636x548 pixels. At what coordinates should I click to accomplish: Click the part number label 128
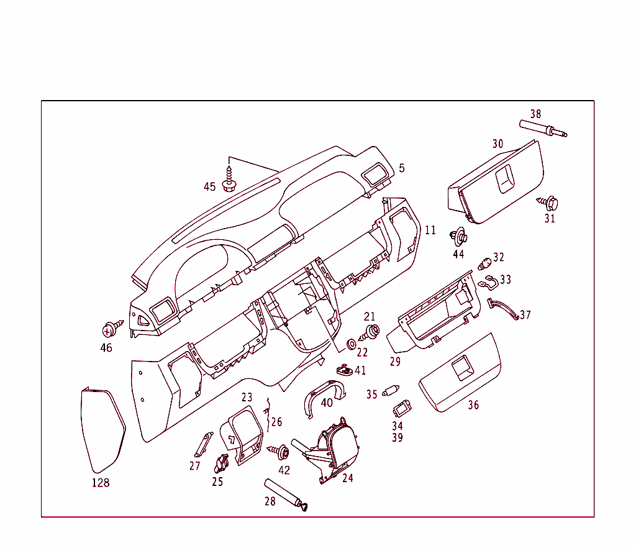click(x=100, y=483)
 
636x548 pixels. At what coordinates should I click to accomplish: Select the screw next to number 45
click(x=229, y=178)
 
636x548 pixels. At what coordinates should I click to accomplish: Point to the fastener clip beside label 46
click(x=111, y=327)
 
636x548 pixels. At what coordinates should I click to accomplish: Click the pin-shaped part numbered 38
click(x=542, y=129)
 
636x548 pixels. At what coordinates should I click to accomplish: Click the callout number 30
click(x=497, y=144)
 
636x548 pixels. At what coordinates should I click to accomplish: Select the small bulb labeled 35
click(x=391, y=392)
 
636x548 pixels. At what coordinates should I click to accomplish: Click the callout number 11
click(x=430, y=230)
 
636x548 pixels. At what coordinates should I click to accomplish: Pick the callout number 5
click(x=402, y=168)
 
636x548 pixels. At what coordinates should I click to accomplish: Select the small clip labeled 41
click(x=344, y=370)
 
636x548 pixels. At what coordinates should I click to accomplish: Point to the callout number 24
click(x=347, y=478)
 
